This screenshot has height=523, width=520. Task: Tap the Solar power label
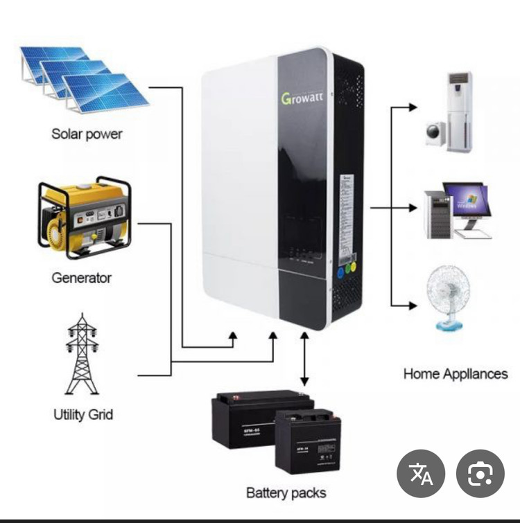coord(87,134)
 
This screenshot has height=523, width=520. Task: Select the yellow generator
coord(83,217)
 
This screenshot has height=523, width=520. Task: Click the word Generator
coord(81,278)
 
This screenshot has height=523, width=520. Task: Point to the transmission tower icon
coord(82,355)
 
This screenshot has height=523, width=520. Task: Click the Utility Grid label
coord(83,414)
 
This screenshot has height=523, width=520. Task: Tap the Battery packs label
coord(286,493)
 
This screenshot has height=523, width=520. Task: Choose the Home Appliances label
coord(456,374)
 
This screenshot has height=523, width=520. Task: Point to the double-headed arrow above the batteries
coord(304,358)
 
